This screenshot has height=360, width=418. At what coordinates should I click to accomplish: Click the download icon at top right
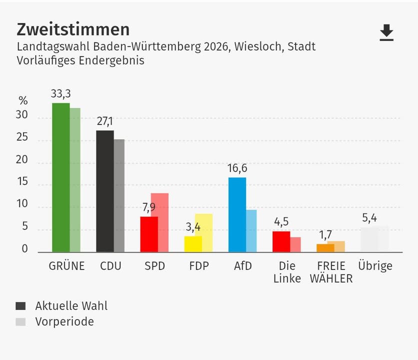(x=386, y=33)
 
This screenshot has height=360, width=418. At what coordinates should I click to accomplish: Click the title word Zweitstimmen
(x=73, y=29)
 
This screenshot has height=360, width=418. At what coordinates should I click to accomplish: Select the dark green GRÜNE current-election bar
(x=60, y=177)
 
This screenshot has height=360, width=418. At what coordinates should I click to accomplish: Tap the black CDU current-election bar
(x=104, y=191)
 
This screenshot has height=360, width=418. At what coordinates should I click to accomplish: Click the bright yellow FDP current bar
(x=192, y=244)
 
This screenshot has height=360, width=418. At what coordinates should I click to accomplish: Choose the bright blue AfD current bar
(x=237, y=214)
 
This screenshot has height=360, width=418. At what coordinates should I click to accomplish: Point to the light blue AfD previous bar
(x=251, y=230)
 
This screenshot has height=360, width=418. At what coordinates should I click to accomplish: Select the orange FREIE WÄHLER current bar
(x=325, y=248)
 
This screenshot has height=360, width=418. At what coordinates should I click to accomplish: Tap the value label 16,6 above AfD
(x=237, y=168)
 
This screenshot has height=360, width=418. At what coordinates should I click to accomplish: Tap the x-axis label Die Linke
(x=287, y=272)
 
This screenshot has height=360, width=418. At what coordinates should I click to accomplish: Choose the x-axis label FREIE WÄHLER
(x=331, y=272)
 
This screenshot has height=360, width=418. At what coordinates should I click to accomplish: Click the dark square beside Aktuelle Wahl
(x=20, y=306)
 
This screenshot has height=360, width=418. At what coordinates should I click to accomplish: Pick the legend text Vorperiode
(x=64, y=321)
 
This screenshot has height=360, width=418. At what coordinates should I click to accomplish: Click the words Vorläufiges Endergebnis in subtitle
(x=80, y=61)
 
